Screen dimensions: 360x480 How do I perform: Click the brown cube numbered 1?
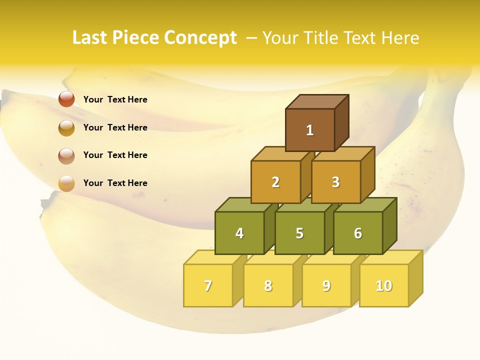point(310,130)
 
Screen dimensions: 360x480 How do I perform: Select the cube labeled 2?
point(275,182)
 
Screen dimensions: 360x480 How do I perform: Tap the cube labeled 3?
point(335,182)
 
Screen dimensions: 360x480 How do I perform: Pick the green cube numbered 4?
point(239,233)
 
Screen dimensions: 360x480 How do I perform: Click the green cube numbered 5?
point(299,233)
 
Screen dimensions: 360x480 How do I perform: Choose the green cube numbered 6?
point(358,233)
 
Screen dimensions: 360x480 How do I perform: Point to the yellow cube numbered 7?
point(208,285)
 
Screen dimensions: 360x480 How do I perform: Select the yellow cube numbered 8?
point(268,285)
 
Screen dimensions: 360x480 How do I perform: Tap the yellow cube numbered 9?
point(326,285)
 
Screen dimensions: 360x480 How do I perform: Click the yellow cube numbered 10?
point(383,285)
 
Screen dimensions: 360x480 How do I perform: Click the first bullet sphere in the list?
point(66,99)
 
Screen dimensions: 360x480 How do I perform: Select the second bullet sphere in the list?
point(66,127)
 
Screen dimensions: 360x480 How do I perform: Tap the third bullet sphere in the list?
point(66,155)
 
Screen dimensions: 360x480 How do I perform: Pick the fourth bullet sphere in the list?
point(66,183)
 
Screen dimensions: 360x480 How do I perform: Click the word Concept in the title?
point(200,38)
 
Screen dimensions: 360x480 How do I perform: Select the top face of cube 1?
point(317,101)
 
